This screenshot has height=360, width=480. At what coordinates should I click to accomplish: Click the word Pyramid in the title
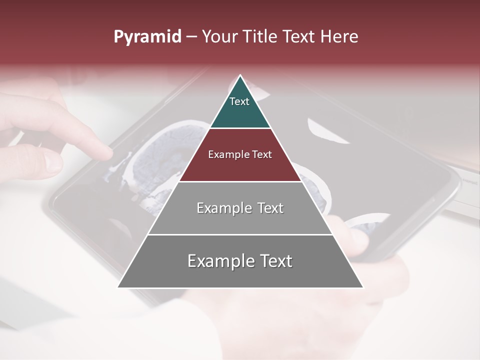click(147, 37)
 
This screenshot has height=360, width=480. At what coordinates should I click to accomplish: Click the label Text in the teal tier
click(239, 101)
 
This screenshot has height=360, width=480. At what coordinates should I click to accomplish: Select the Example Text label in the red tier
click(240, 154)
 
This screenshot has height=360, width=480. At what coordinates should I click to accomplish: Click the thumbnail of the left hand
click(52, 161)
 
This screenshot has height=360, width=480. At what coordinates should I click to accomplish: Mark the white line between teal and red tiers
click(240, 128)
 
